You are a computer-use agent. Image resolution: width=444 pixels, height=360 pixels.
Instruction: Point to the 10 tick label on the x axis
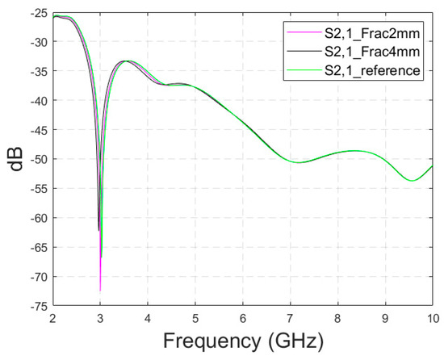tap(433, 317)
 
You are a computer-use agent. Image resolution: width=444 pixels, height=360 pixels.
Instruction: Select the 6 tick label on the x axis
tap(243, 317)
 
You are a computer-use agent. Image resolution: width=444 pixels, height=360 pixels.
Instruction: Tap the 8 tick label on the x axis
tap(338, 317)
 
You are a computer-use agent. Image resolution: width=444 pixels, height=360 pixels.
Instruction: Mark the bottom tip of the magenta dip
tap(100, 290)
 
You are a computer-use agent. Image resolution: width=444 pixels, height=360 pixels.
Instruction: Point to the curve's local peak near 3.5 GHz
tap(126, 61)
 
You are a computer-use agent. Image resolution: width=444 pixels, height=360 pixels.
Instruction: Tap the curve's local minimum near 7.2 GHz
tap(299, 162)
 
